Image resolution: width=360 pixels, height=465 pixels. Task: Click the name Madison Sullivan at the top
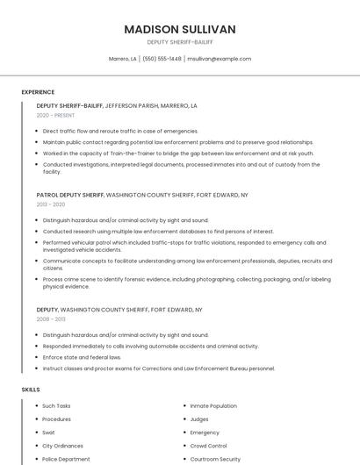(x=180, y=29)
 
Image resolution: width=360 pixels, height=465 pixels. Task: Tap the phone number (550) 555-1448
(x=162, y=59)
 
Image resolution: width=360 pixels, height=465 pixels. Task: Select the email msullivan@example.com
(x=220, y=59)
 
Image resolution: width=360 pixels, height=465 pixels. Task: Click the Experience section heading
(x=38, y=92)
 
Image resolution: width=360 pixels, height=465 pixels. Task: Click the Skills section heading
(x=31, y=389)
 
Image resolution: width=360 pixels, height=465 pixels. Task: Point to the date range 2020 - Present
(x=55, y=115)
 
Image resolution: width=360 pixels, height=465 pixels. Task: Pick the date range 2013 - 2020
(x=50, y=204)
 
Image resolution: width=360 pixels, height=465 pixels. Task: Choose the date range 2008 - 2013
(x=50, y=319)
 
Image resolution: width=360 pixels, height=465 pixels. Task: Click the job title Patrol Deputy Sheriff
(x=70, y=195)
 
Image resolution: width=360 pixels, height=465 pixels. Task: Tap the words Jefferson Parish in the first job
(x=133, y=105)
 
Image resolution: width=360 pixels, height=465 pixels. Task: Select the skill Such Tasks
(x=56, y=406)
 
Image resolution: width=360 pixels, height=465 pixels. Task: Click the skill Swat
(x=48, y=433)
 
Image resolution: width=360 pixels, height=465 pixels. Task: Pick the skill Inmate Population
(x=213, y=406)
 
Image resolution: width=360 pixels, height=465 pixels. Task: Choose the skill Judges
(x=199, y=419)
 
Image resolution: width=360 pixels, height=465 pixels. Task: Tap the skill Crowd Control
(x=208, y=446)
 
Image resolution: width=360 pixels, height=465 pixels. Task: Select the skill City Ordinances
(x=61, y=446)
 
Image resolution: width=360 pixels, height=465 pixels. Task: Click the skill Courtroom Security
(x=215, y=459)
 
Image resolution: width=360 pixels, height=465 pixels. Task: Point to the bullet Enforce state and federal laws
(x=82, y=357)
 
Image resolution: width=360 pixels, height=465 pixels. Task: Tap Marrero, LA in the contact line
(x=122, y=59)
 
